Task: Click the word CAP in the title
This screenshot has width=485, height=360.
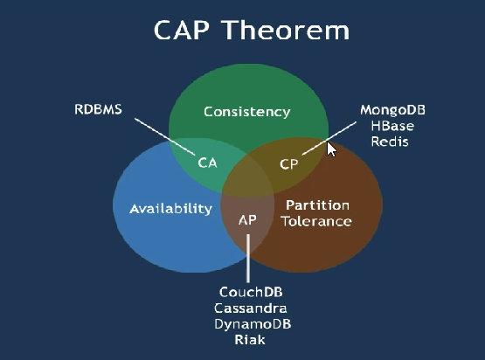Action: (181, 30)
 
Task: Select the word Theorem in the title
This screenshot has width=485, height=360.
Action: (287, 30)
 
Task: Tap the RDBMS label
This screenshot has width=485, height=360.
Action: (99, 109)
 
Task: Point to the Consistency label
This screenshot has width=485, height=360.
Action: (246, 112)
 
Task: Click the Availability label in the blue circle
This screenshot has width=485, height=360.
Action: (170, 209)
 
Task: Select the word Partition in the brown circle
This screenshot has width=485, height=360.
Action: (318, 205)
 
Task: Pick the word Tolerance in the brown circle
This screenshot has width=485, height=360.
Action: (316, 221)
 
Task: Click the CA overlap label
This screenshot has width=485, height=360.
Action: (208, 163)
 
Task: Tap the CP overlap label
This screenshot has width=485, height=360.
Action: (289, 164)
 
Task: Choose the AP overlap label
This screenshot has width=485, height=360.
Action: (247, 220)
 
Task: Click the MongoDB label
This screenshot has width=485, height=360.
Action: (393, 110)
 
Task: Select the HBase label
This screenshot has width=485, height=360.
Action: (392, 126)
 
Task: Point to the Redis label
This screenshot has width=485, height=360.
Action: (390, 142)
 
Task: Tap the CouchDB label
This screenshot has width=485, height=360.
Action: (251, 292)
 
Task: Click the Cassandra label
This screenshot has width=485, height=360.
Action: (251, 308)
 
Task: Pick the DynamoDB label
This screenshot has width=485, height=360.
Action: (253, 324)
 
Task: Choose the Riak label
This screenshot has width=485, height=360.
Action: (250, 340)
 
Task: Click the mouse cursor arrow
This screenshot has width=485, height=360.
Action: (331, 149)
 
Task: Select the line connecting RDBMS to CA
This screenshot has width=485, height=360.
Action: (165, 136)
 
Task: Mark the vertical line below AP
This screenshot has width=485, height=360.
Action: (248, 259)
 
